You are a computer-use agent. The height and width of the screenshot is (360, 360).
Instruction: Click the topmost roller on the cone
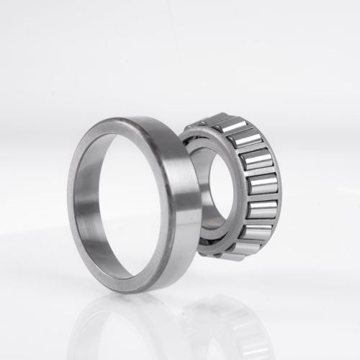point(229,125)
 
